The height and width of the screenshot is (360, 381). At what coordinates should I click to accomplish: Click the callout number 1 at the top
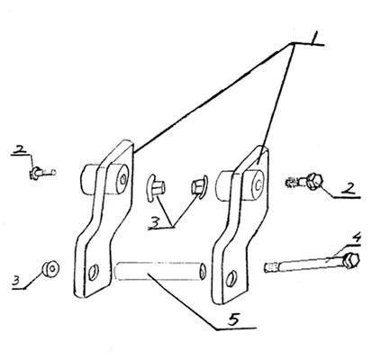(314, 39)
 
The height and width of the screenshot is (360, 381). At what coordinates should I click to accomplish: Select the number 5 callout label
(234, 319)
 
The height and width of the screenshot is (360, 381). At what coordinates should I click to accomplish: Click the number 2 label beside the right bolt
(348, 189)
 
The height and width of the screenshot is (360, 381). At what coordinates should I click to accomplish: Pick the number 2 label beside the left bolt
(21, 149)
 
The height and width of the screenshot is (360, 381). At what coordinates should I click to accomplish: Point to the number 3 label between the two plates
(155, 222)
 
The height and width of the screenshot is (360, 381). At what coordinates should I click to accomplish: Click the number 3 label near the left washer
(16, 281)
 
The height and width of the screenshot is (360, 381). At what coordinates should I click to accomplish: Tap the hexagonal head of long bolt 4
(351, 260)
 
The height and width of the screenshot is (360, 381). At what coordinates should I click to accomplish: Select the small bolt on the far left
(42, 173)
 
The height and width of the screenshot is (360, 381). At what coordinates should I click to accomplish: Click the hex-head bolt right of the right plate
(304, 181)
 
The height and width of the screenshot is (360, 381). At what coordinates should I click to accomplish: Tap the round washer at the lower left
(50, 268)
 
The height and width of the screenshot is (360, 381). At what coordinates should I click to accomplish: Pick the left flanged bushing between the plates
(155, 187)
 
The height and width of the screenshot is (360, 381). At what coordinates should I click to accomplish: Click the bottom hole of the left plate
(94, 273)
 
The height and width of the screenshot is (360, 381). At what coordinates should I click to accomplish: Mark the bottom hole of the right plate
(231, 278)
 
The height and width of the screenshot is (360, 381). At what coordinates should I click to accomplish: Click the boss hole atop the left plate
(122, 179)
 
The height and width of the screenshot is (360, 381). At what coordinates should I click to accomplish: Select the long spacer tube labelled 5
(160, 271)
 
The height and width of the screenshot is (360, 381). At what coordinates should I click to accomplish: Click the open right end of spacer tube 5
(203, 270)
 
